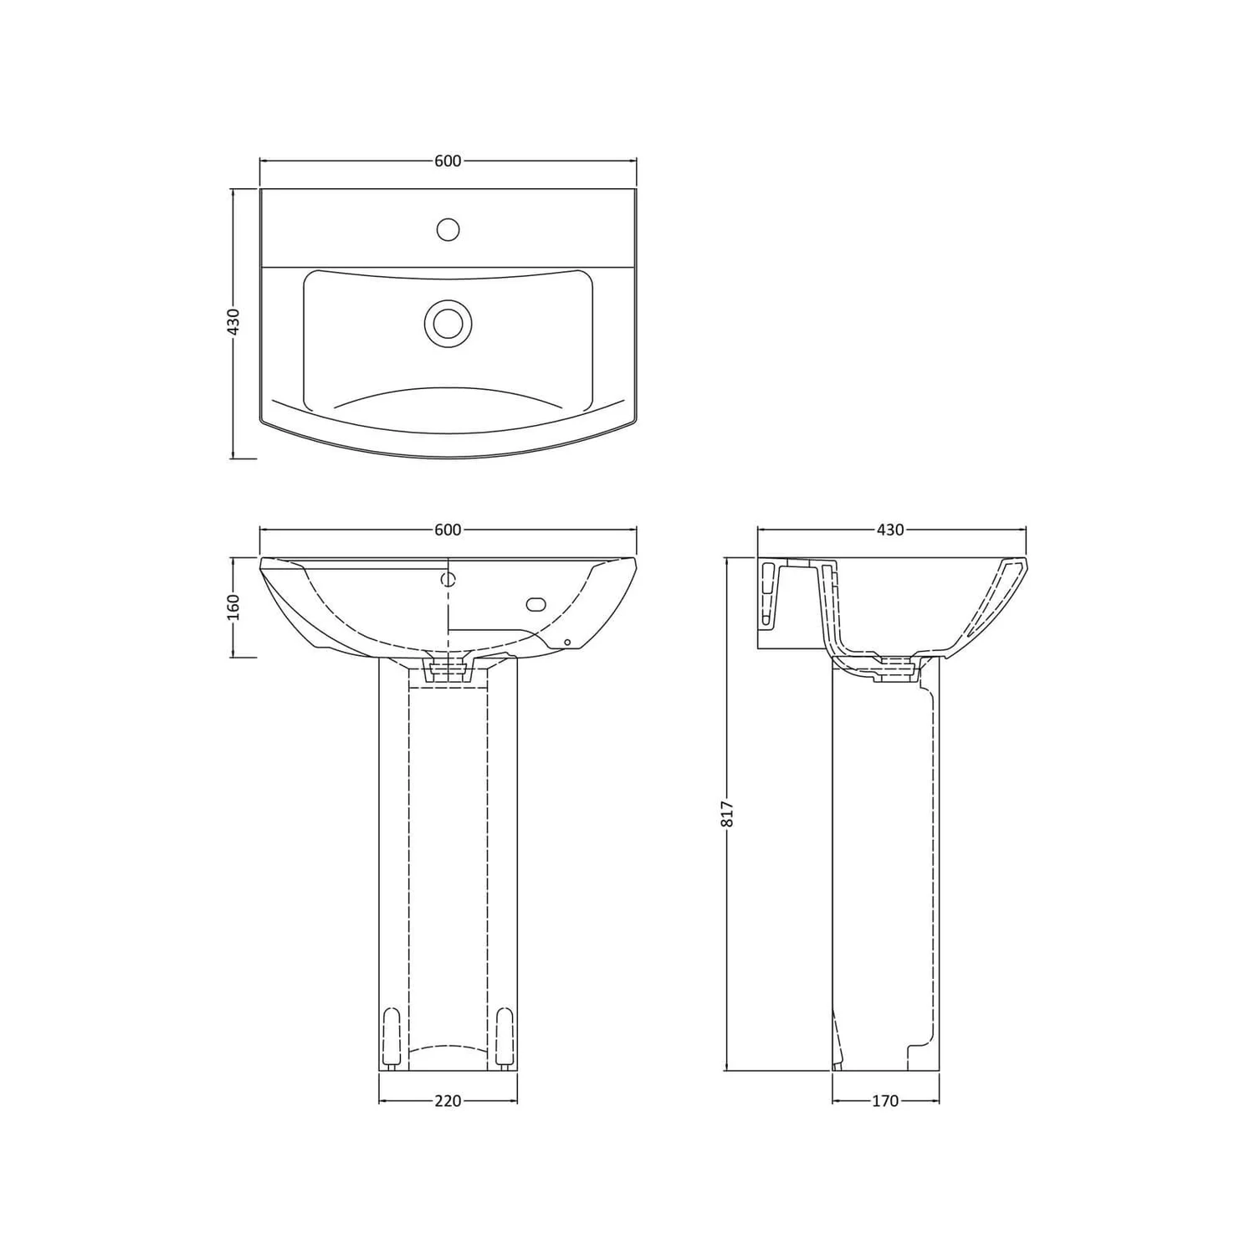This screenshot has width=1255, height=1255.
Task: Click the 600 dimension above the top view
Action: [448, 161]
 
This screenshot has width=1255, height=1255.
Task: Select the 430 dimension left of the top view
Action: [234, 322]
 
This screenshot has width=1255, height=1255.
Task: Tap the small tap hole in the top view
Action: [448, 228]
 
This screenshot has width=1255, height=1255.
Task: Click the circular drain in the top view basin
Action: [448, 322]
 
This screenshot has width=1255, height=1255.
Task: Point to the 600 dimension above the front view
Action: [448, 530]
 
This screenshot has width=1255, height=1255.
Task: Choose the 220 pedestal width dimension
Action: [448, 1101]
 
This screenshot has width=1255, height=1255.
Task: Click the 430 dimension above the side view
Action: [890, 530]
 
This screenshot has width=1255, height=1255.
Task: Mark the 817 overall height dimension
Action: [727, 813]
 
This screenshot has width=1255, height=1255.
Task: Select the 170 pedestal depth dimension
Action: [884, 1101]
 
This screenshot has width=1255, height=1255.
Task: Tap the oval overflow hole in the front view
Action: [535, 605]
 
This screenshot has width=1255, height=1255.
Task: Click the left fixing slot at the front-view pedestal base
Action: [391, 1037]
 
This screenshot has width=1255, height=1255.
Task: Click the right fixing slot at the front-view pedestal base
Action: [504, 1037]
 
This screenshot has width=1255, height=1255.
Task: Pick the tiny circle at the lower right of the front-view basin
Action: [567, 643]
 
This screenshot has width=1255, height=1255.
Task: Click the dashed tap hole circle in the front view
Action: [448, 579]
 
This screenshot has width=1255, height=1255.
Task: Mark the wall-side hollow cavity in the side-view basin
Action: [771, 594]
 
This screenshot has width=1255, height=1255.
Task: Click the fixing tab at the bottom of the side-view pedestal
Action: [837, 1042]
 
